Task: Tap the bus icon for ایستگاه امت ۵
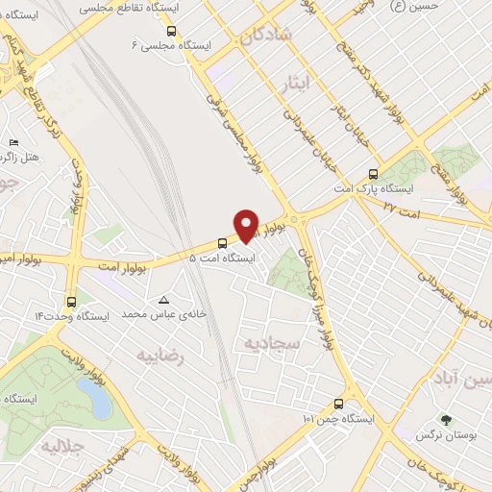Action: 222,242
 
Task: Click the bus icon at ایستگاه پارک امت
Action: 373,175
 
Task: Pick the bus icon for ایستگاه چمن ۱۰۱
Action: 337,404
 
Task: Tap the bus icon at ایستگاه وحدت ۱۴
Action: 71,300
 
